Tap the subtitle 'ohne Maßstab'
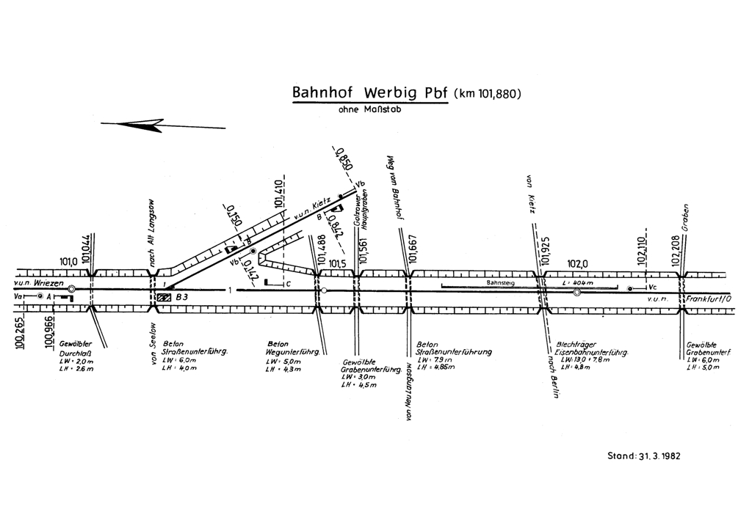369,111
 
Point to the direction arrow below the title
163,125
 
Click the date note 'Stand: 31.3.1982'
644,455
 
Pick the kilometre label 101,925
545,254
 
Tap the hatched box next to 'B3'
163,298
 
